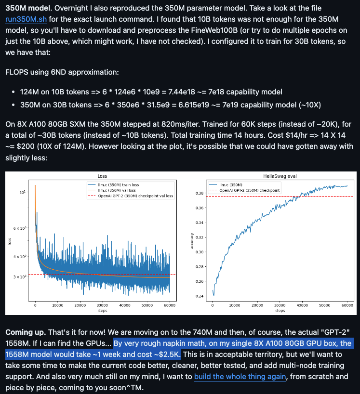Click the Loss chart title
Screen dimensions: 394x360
pos(102,176)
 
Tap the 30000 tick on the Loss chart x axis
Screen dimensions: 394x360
pos(102,305)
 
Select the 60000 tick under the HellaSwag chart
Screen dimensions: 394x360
pos(347,305)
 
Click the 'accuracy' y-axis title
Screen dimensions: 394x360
pos(193,241)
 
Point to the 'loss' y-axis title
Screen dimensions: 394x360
pos(9,241)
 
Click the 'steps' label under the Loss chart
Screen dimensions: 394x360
pos(102,311)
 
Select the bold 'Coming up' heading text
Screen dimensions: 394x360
pos(26,332)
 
